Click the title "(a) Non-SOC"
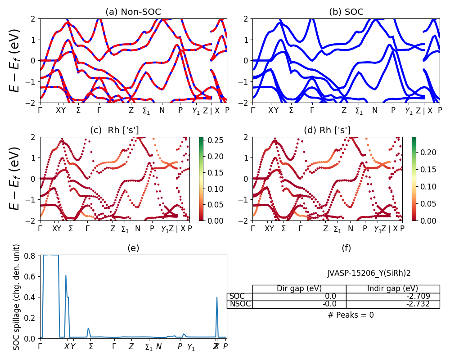point(133,12)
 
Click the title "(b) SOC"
point(346,12)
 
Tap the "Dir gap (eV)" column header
point(299,288)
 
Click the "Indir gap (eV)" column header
point(392,288)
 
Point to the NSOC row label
point(240,304)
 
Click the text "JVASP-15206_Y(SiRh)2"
point(369,273)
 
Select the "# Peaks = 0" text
point(351,315)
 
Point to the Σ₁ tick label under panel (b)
point(359,111)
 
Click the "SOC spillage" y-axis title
point(17,297)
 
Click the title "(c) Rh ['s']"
point(114,130)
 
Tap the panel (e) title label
point(133,248)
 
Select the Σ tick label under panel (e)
point(91,347)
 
